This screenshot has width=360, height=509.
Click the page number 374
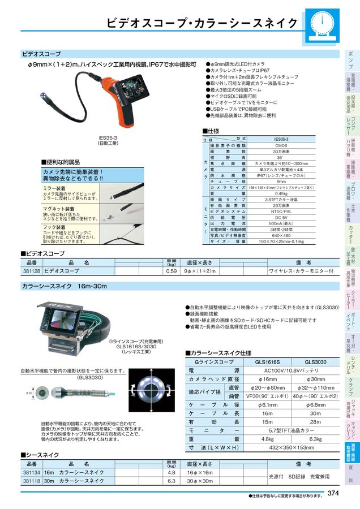click(x=333, y=494)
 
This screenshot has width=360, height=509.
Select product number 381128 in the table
click(x=32, y=271)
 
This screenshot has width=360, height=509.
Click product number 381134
click(x=32, y=472)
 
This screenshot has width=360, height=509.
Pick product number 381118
click(x=32, y=481)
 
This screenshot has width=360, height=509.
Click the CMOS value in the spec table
click(x=281, y=146)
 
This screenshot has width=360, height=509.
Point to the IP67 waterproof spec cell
click(x=281, y=175)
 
